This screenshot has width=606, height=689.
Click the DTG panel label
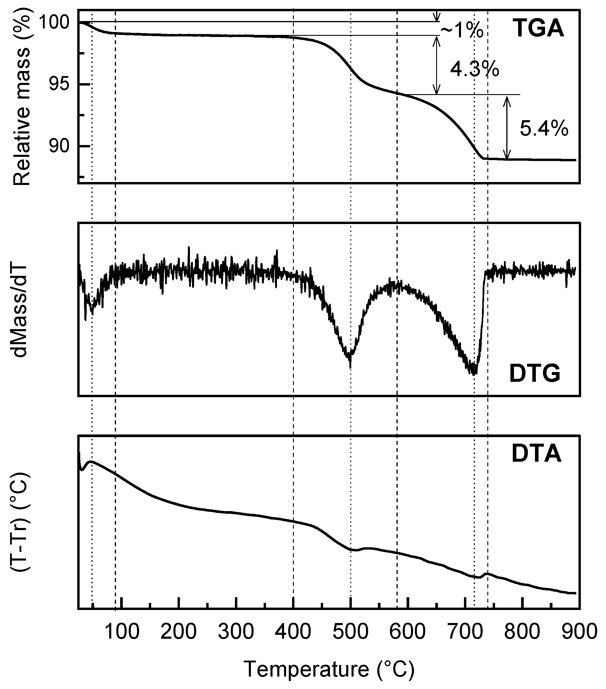(535, 374)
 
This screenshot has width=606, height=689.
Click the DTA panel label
(536, 454)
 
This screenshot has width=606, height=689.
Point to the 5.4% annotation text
(544, 128)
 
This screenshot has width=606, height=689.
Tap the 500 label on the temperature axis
(351, 631)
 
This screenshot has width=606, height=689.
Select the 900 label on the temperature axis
(579, 631)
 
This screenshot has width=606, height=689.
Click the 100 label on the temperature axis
(122, 631)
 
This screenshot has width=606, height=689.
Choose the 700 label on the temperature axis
(465, 631)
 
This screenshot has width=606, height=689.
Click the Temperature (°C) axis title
(329, 669)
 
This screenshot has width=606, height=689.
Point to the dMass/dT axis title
(21, 310)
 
